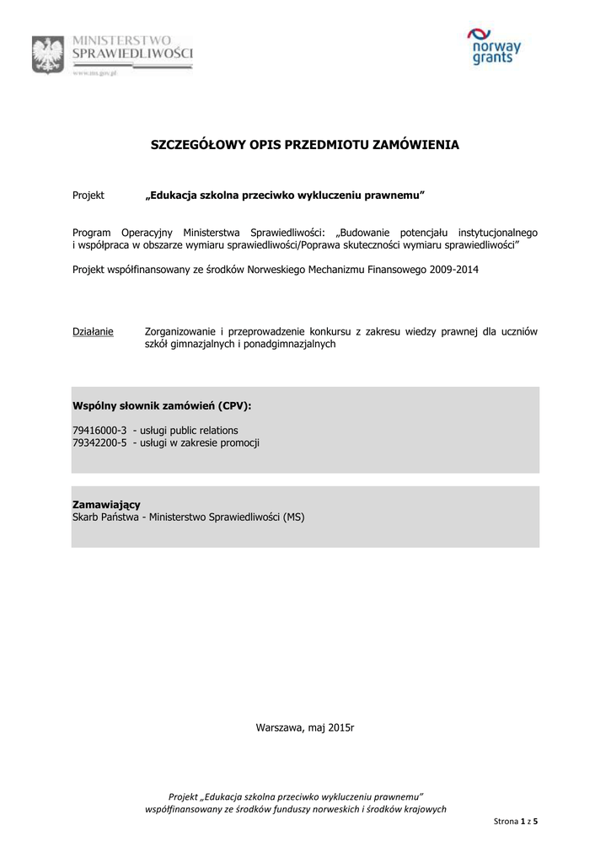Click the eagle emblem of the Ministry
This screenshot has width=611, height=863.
tap(47, 56)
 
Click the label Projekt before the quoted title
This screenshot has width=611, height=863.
tap(88, 196)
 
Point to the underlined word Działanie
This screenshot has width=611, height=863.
tap(93, 331)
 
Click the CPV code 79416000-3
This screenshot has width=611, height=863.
tap(99, 430)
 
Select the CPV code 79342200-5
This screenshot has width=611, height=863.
tap(99, 442)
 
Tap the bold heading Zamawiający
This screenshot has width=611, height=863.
tap(106, 504)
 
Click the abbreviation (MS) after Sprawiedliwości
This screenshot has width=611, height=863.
tap(294, 517)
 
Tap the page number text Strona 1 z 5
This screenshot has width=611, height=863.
tap(515, 820)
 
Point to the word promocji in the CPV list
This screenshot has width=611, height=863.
tap(240, 442)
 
